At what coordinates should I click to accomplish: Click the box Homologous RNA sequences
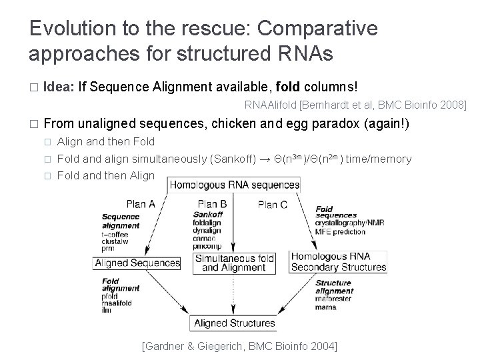click(234, 185)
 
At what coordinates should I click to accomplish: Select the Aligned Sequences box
click(138, 263)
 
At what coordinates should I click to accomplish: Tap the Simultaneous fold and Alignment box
click(233, 263)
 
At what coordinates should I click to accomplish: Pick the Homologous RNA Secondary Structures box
click(339, 262)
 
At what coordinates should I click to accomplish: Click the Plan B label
click(213, 204)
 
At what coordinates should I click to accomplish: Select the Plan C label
click(272, 205)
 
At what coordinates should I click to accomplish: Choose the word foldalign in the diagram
click(208, 223)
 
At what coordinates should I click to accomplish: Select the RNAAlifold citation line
click(355, 105)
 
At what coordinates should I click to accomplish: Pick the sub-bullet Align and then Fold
click(106, 141)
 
